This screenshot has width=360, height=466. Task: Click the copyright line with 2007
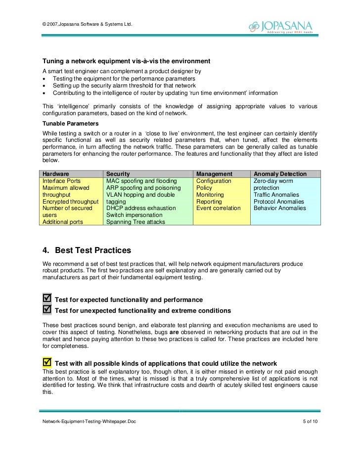pos(88,25)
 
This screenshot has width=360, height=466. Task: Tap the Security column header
pos(118,174)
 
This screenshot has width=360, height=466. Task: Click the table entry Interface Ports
pos(62,181)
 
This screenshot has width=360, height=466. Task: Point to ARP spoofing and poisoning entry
pos(143,188)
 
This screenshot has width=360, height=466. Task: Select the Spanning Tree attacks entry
pos(136,222)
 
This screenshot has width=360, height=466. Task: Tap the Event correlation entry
pos(218,209)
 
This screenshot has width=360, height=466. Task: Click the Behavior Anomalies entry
pos(279,209)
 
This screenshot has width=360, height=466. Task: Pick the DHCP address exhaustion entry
pos(141,209)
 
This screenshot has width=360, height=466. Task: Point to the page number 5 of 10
pos(310,421)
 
